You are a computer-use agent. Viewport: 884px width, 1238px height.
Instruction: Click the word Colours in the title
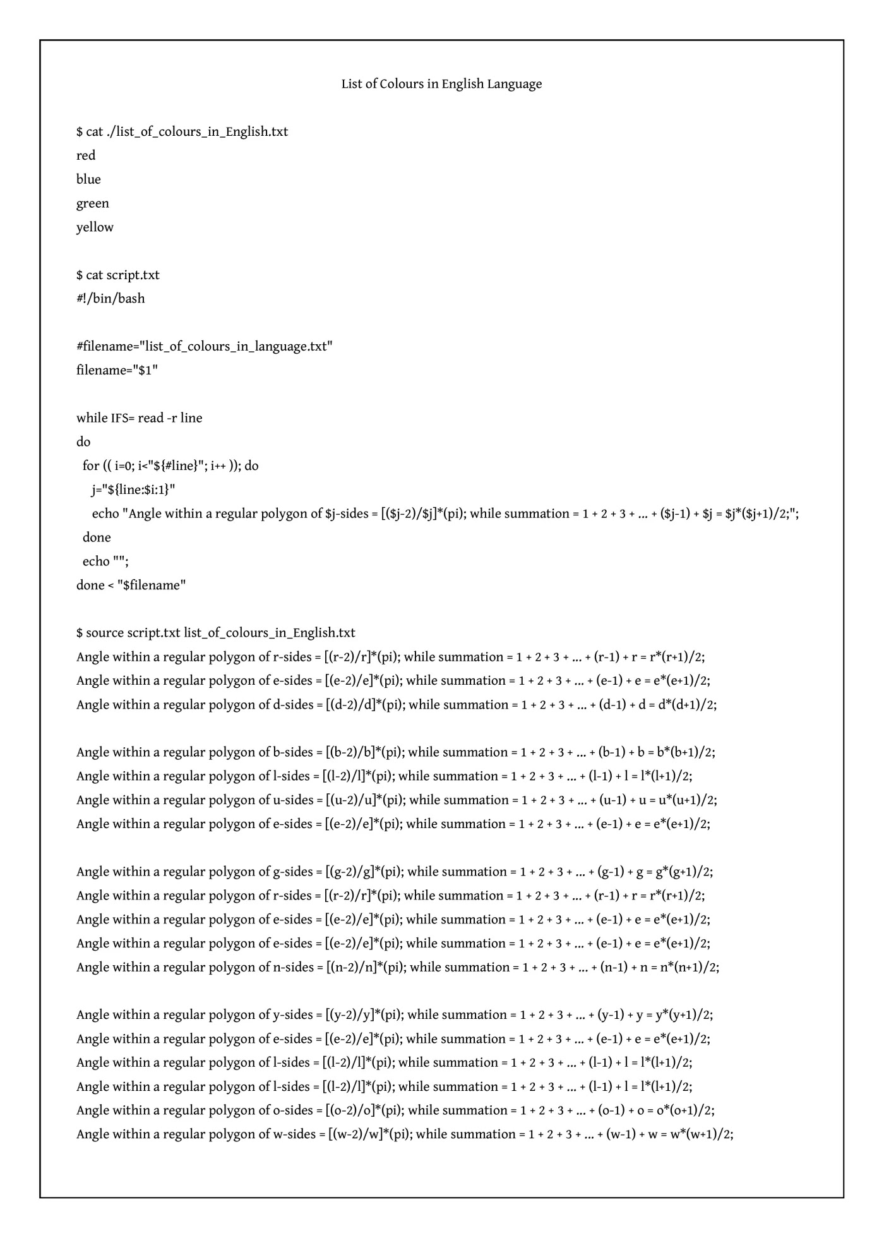(x=400, y=84)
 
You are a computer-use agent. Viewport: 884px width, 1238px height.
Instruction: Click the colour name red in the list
(x=86, y=155)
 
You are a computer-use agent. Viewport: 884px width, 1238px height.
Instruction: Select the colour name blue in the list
(x=88, y=179)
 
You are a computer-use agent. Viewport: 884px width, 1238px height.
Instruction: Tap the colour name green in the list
(x=93, y=203)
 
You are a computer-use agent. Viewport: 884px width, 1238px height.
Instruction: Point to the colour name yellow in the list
(x=95, y=227)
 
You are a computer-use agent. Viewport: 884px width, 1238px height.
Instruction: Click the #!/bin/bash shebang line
(x=110, y=299)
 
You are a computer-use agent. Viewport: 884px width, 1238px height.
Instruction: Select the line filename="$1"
(x=117, y=370)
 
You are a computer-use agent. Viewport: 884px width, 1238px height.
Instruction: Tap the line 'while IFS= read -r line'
(x=140, y=418)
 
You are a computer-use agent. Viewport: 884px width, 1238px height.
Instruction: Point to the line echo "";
(x=105, y=562)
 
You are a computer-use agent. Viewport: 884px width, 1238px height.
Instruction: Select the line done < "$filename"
(x=131, y=586)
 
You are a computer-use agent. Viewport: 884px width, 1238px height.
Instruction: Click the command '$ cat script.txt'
(x=118, y=275)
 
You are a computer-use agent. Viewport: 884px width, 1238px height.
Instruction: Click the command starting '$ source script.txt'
(x=216, y=633)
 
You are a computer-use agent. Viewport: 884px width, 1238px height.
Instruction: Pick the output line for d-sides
(x=397, y=705)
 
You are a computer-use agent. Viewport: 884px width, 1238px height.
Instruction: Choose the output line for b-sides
(x=396, y=752)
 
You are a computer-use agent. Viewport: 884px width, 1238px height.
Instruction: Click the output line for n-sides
(x=398, y=967)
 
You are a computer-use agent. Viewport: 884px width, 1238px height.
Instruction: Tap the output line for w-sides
(x=405, y=1134)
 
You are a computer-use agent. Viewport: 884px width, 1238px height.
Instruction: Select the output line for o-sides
(x=395, y=1110)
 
